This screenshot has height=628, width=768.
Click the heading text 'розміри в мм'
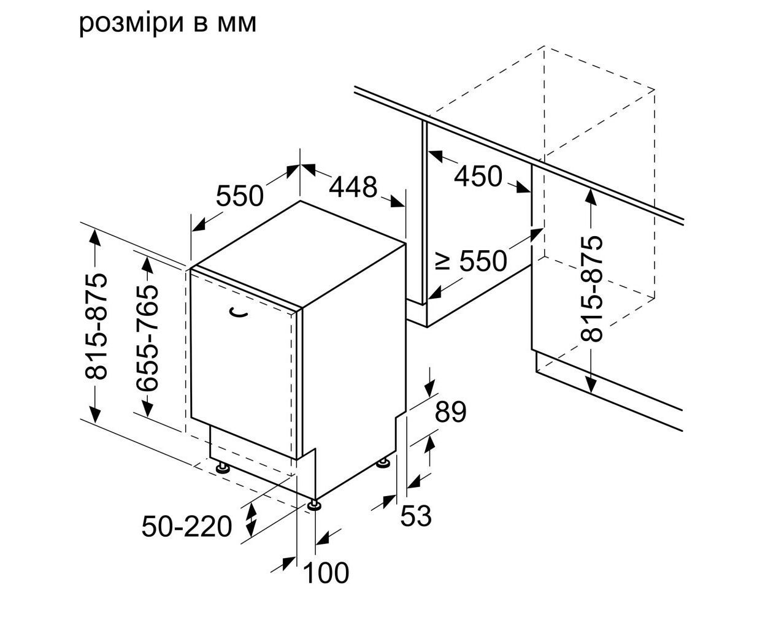click(x=168, y=24)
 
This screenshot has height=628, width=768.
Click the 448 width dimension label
click(x=353, y=187)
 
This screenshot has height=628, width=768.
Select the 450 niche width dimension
click(x=478, y=177)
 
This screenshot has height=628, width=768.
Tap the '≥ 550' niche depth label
click(x=472, y=261)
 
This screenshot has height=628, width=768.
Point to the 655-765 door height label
click(x=147, y=338)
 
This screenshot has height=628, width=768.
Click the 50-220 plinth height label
click(x=186, y=526)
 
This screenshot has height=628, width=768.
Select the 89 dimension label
click(x=450, y=412)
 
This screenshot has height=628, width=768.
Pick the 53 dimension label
click(x=416, y=516)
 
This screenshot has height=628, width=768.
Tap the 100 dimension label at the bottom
click(x=326, y=573)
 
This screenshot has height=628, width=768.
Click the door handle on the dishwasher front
click(x=239, y=312)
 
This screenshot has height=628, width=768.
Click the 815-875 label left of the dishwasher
click(x=96, y=326)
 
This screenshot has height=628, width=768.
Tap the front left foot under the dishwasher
click(x=222, y=468)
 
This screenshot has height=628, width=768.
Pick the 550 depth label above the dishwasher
click(x=239, y=196)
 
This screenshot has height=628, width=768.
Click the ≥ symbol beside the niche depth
click(x=443, y=261)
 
